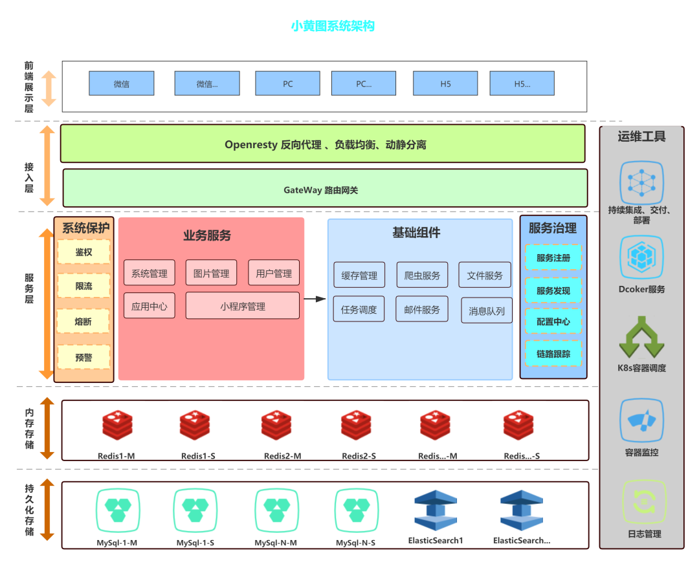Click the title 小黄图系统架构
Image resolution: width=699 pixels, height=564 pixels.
333,27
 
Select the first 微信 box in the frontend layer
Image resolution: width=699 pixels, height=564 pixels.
122,83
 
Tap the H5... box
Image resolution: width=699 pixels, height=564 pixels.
522,83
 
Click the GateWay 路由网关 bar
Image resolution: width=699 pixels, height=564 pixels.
325,189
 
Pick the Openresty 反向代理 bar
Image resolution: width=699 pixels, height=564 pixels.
322,144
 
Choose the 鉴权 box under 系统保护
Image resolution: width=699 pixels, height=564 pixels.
83,252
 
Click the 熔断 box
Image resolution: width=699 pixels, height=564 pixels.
83,321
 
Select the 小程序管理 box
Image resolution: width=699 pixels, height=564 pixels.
242,306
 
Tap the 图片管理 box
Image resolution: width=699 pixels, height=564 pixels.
211,273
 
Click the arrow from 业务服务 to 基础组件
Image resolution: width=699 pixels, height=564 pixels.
315,299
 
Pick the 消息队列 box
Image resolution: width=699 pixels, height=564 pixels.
487,311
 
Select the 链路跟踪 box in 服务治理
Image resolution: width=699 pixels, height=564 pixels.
553,354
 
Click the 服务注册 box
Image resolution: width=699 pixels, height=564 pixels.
553,257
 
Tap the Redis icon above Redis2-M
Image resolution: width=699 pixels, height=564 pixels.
276,426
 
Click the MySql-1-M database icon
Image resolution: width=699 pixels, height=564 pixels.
118,506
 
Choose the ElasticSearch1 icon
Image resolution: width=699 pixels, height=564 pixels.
436,510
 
